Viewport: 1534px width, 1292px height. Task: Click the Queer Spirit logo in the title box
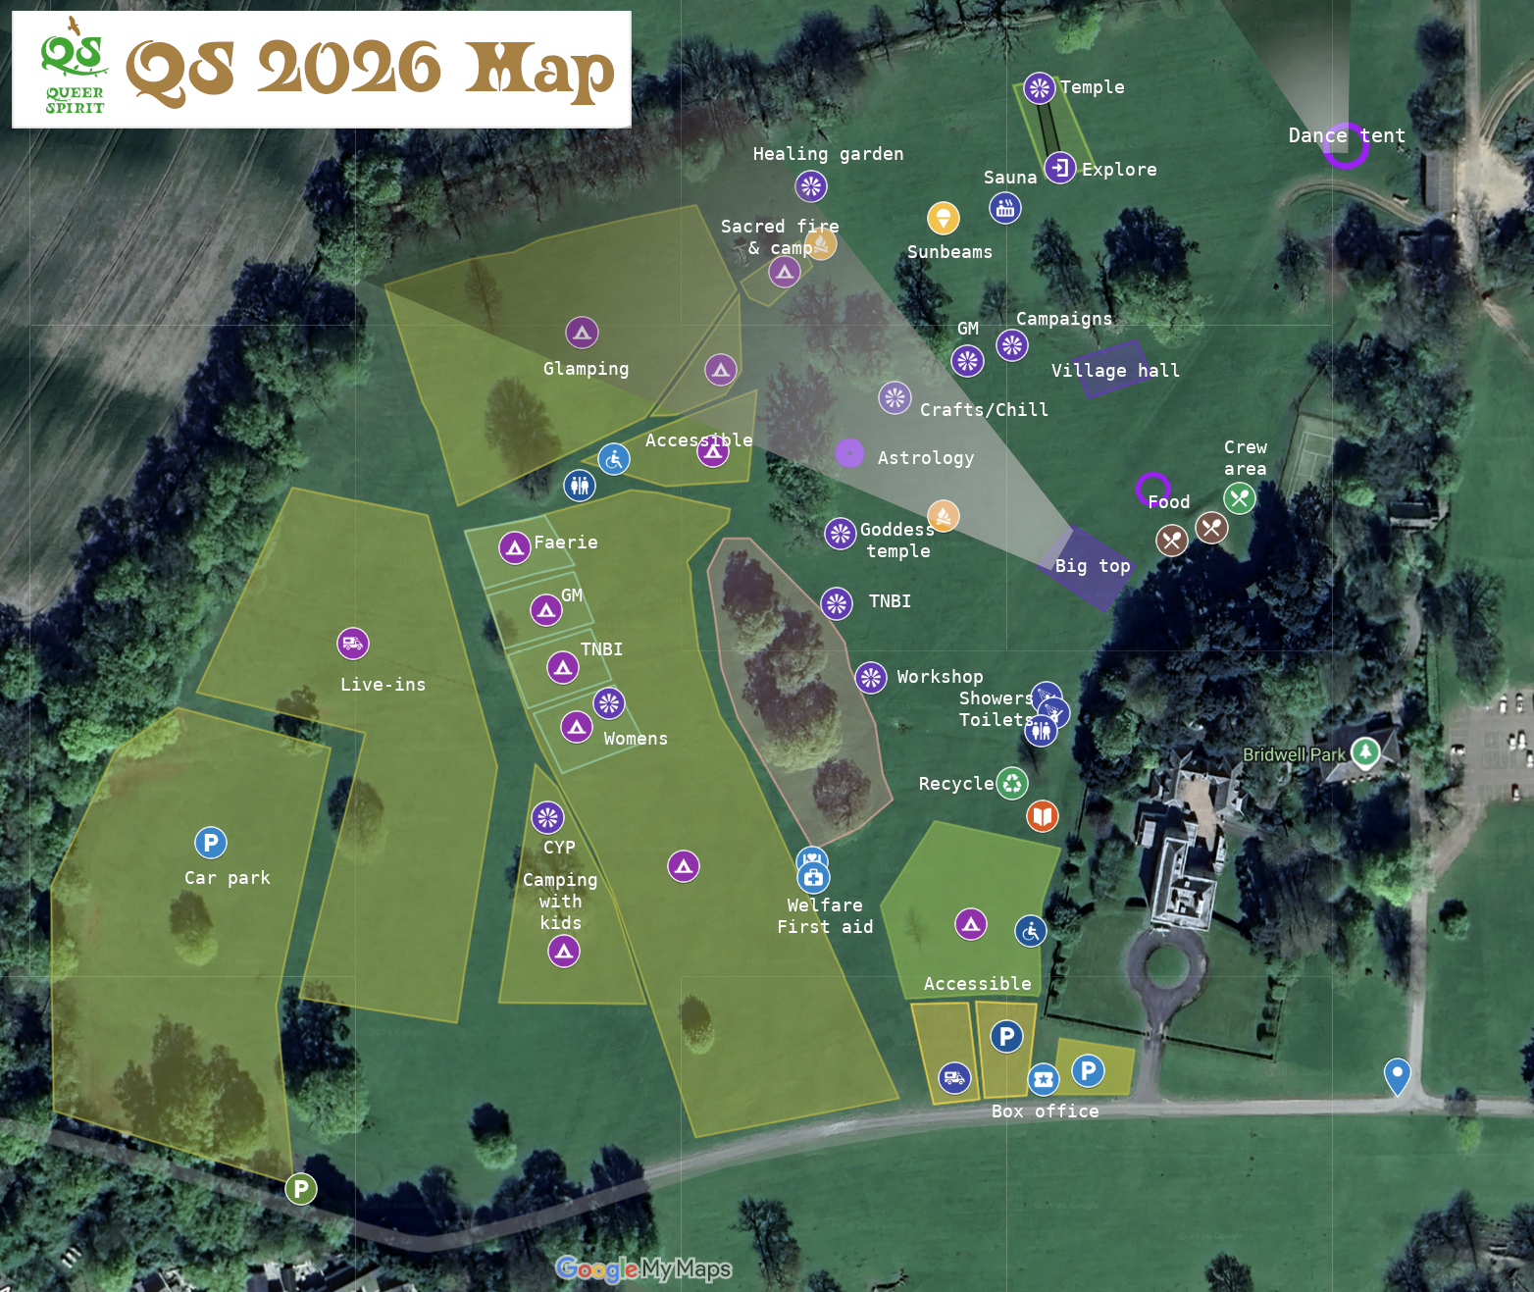click(x=74, y=67)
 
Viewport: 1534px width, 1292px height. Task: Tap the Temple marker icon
click(x=1040, y=88)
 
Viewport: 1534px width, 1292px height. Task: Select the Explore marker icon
click(x=1060, y=168)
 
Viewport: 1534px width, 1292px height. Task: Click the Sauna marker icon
click(x=1005, y=208)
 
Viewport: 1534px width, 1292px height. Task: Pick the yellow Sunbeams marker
click(x=944, y=218)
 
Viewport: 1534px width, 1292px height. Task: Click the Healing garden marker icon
click(x=811, y=185)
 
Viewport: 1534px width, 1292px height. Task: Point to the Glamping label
click(x=586, y=369)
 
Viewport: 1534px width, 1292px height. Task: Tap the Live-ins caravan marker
click(x=353, y=644)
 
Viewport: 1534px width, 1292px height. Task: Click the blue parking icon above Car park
click(x=211, y=843)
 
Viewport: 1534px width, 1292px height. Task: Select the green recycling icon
click(x=1012, y=783)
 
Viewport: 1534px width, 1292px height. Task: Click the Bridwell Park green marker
click(x=1365, y=752)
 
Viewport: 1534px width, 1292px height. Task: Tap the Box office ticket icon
click(x=1044, y=1079)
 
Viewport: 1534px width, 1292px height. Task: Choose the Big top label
click(x=1093, y=566)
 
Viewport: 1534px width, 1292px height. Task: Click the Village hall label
click(x=1115, y=371)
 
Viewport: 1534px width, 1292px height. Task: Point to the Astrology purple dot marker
click(x=849, y=453)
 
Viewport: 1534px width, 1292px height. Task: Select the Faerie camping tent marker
click(x=515, y=547)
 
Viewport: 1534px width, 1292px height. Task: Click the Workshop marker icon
click(x=871, y=677)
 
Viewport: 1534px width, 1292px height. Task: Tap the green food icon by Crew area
click(x=1240, y=498)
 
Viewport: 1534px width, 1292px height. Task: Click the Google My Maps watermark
click(x=643, y=1269)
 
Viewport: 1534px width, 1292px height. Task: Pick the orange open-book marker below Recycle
click(x=1043, y=815)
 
